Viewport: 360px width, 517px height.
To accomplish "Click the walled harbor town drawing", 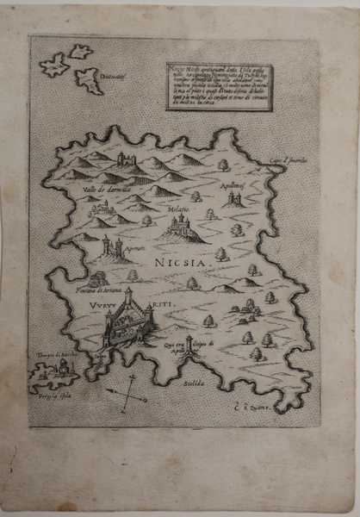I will tap(128, 323).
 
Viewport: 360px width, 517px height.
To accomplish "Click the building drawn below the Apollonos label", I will tap(233, 200).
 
